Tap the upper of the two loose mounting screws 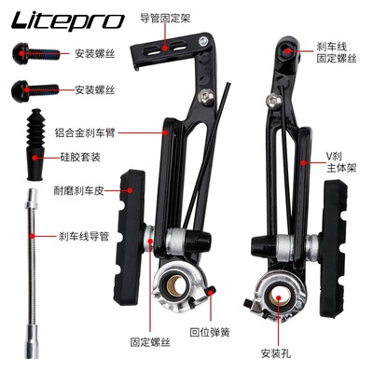(x=27, y=53)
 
